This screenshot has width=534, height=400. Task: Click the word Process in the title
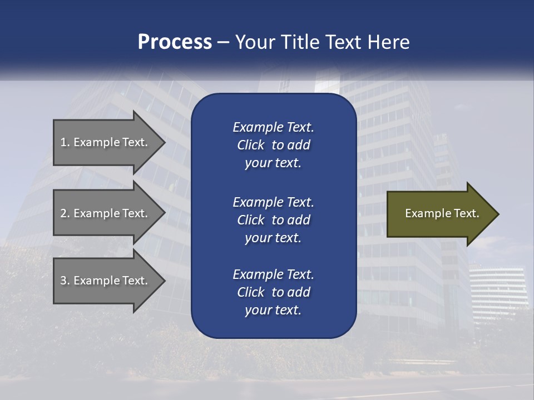(174, 42)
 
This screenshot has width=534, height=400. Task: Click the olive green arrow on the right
(439, 213)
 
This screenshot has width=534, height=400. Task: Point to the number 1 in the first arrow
(64, 142)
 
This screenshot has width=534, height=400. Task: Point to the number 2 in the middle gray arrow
(64, 213)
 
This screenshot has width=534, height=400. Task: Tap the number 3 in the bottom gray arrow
(64, 281)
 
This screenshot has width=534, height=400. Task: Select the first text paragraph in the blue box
(273, 145)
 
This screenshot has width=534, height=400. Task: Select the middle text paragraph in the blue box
(273, 219)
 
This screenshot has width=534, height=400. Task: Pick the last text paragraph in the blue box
(273, 292)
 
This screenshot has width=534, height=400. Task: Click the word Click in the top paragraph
(250, 145)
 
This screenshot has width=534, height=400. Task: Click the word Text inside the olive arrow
(467, 213)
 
